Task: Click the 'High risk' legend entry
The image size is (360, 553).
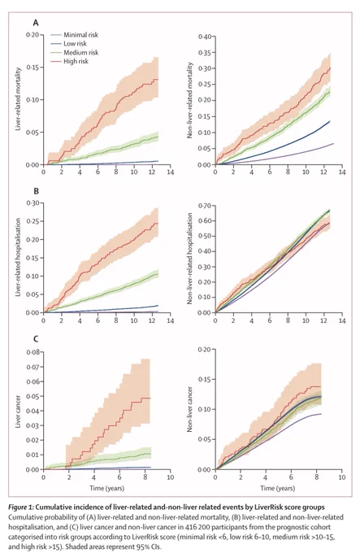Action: click(76, 61)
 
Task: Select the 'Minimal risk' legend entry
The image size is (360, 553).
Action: click(80, 35)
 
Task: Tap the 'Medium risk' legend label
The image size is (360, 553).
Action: click(81, 53)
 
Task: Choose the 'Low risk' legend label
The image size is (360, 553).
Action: click(75, 44)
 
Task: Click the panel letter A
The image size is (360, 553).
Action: click(36, 23)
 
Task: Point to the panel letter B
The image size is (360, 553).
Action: click(36, 191)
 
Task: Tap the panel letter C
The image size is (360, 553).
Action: click(36, 339)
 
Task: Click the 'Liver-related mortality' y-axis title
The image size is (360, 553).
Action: click(19, 99)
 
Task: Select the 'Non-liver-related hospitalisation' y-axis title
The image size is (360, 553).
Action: click(190, 259)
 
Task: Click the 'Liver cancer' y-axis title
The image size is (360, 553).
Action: click(19, 411)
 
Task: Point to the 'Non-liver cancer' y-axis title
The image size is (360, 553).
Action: click(190, 409)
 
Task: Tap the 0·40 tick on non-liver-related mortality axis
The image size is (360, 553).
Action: click(205, 37)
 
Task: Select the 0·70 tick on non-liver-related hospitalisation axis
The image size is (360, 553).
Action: click(205, 206)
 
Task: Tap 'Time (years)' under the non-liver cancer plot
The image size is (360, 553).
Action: click(278, 488)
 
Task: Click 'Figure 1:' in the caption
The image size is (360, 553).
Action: click(21, 507)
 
